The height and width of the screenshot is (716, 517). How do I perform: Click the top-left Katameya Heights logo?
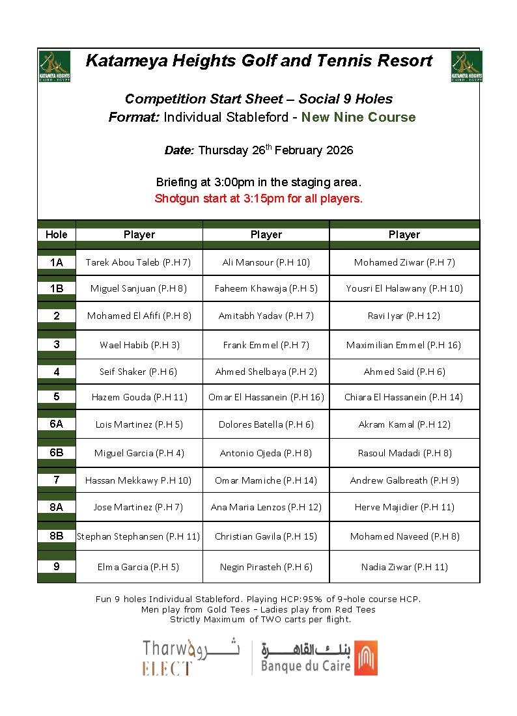[55, 66]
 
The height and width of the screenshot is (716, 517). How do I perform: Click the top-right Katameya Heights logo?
[466, 66]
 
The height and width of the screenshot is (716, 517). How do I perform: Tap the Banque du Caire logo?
[320, 657]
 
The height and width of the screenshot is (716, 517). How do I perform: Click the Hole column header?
[57, 234]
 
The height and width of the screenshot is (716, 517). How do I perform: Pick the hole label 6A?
[57, 424]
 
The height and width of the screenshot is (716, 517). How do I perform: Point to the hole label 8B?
[57, 536]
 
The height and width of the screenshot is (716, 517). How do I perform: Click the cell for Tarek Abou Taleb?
[138, 262]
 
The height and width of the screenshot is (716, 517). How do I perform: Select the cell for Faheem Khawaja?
[266, 288]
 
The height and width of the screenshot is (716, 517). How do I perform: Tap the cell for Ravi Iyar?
[404, 316]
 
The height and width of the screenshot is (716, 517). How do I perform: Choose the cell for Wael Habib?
[139, 344]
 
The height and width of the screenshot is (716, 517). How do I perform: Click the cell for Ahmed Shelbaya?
[266, 372]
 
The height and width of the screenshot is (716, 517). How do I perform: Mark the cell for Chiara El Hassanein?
[404, 396]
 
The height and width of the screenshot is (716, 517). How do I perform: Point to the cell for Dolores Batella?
[266, 424]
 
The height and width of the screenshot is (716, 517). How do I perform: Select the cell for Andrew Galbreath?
[404, 480]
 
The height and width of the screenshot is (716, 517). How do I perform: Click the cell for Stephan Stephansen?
[139, 536]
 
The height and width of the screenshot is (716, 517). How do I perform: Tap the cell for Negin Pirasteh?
[266, 567]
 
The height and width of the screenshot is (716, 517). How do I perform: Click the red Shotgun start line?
[258, 199]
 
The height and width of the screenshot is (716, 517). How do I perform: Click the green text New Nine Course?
[358, 117]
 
